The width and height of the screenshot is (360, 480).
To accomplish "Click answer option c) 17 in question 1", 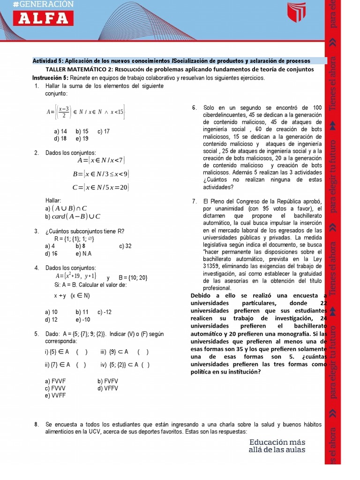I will click(x=104, y=132).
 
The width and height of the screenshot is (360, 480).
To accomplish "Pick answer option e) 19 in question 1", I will click(x=82, y=139).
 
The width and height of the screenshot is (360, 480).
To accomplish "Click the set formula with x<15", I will click(x=86, y=112).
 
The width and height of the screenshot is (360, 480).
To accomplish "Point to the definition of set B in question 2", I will click(x=101, y=174).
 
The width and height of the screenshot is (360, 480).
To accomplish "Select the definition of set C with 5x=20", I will click(x=101, y=187).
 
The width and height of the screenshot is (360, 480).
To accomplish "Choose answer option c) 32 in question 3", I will click(x=125, y=246).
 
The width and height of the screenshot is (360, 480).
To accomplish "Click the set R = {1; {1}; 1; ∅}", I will click(x=75, y=239).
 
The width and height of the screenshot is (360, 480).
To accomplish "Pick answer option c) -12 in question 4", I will click(x=105, y=312).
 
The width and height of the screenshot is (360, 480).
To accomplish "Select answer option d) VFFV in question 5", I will click(x=108, y=389).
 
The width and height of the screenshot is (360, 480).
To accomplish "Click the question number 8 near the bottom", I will click(x=36, y=425).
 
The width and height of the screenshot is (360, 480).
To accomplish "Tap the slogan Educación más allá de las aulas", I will click(x=277, y=446).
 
